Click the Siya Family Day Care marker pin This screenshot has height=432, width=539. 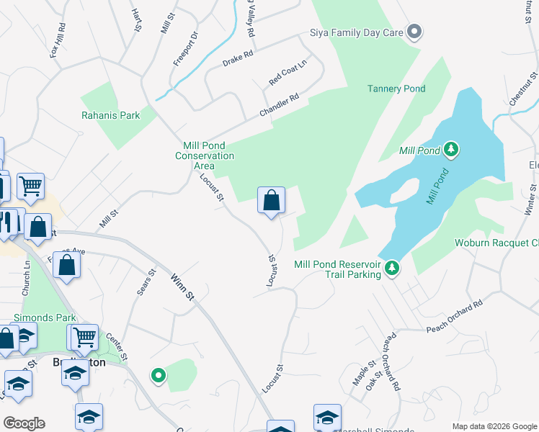414,32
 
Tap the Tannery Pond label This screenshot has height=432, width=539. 396,89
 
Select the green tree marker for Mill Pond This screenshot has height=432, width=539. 451,150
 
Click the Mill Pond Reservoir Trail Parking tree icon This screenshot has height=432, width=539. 391,268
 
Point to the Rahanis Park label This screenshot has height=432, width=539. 110,114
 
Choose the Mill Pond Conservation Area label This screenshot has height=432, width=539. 205,156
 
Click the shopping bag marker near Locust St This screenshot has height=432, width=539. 271,201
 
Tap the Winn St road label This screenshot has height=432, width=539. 183,286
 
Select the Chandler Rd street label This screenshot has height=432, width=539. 279,107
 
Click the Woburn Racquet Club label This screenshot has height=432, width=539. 496,243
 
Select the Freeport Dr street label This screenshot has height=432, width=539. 185,48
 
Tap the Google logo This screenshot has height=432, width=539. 24,423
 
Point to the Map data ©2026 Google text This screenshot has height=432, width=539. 494,426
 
